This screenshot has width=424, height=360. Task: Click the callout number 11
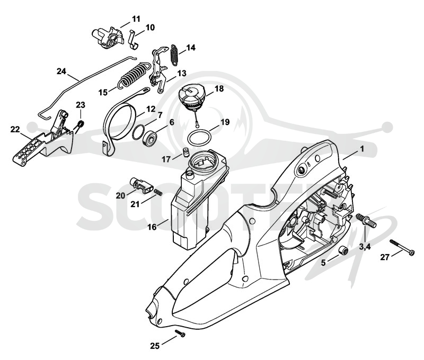coord(136,19)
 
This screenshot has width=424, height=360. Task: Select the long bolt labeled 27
coord(402,247)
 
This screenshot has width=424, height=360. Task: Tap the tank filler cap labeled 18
coord(191,98)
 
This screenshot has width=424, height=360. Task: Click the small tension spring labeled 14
coord(174,55)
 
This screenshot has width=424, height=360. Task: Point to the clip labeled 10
coord(134,40)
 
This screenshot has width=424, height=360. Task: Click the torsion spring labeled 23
coord(80,125)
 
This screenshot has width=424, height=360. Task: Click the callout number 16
coord(152,227)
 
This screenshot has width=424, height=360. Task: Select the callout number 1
coord(362,149)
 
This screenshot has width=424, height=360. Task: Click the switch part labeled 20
coord(142,186)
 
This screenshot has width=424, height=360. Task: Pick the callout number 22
coord(15,130)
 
